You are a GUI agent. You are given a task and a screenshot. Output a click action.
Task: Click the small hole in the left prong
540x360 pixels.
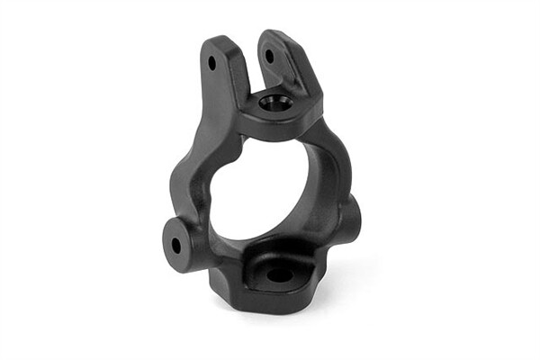pyautogui.click(x=212, y=64)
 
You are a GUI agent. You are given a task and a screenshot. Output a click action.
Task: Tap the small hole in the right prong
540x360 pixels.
pyautogui.click(x=267, y=56)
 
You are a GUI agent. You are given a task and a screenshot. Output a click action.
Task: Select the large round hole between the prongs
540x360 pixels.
pyautogui.click(x=271, y=103)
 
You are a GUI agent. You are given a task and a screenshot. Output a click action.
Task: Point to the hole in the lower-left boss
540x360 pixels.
pyautogui.click(x=175, y=243)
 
